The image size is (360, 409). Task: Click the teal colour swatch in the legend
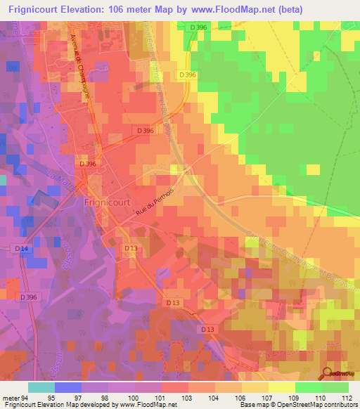click(41, 388)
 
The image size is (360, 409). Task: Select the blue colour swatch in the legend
click(67, 388)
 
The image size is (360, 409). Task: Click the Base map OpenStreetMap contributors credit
click(300, 404)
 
